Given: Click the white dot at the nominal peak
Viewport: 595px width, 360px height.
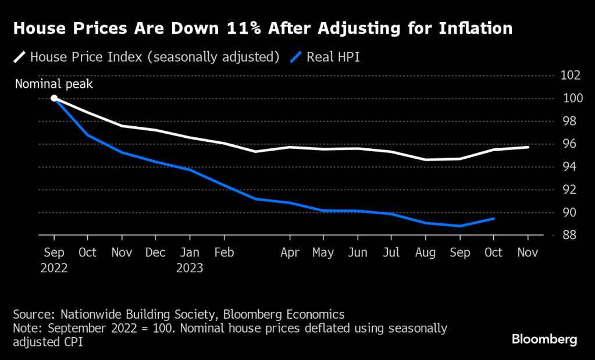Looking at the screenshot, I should click(54, 98).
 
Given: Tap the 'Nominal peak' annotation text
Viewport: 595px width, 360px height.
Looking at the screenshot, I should click(54, 84).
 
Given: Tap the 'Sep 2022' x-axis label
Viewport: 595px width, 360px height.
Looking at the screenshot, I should click(54, 260).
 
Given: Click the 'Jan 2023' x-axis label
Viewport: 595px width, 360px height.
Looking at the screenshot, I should click(190, 260).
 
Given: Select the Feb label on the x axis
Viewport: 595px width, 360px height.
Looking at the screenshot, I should click(224, 253).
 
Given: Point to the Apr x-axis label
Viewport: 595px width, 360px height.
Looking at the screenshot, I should click(290, 253).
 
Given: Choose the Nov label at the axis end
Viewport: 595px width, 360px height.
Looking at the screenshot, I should click(528, 253).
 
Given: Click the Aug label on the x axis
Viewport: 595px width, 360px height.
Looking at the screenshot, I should click(426, 253).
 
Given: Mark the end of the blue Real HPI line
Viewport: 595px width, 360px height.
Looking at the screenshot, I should click(494, 219).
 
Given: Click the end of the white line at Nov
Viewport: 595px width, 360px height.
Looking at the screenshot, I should click(528, 147).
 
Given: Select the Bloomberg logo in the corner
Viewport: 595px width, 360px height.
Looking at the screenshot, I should click(544, 338).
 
